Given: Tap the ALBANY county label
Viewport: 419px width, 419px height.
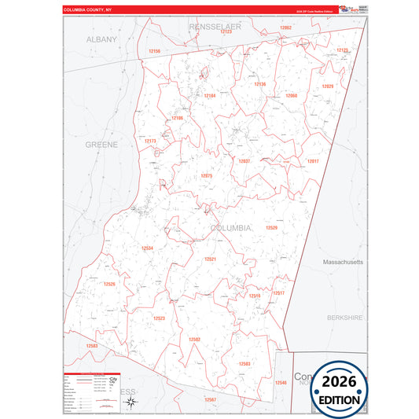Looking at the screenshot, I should click(x=101, y=39).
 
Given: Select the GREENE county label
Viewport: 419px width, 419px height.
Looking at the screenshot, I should click(x=101, y=145).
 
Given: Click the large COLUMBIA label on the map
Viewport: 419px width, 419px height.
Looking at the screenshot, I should click(x=231, y=227).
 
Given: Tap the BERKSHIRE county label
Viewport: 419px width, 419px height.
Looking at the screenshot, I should click(x=345, y=318).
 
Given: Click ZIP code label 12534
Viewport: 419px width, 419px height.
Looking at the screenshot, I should click(x=147, y=248).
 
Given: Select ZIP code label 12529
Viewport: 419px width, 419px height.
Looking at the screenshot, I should click(x=271, y=227).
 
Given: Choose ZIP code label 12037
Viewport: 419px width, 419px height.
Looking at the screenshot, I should click(x=244, y=160).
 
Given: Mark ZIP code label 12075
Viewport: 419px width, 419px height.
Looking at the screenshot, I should click(x=207, y=176).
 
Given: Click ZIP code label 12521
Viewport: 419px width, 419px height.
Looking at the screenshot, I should click(x=210, y=259).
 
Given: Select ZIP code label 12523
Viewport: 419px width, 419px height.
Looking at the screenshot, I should click(x=159, y=318).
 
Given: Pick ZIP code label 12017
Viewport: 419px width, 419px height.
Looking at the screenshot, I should click(x=313, y=160).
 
